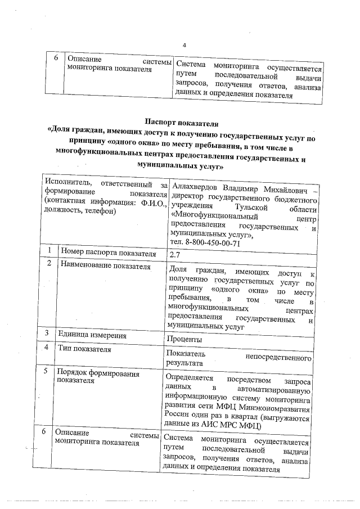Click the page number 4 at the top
click(x=184, y=46)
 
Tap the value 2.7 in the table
click(x=175, y=255)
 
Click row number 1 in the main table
click(x=50, y=251)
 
